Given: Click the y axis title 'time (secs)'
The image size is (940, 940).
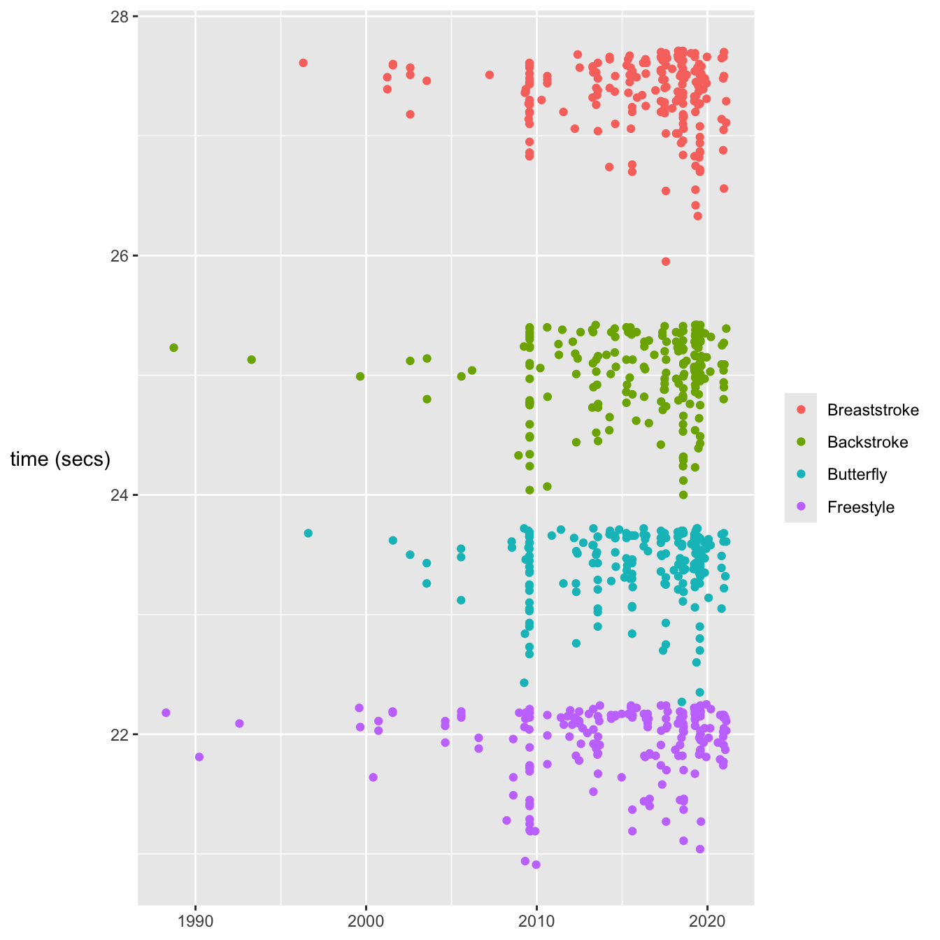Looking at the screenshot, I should tap(60, 460).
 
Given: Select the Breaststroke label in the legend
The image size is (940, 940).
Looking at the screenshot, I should tap(873, 411).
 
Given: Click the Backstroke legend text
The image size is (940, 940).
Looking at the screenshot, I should tap(867, 443).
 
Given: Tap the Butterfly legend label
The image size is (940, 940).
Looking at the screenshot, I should tap(857, 475).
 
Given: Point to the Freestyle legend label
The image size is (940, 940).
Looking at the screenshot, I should tap(860, 507).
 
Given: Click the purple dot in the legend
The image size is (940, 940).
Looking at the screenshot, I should tap(801, 507).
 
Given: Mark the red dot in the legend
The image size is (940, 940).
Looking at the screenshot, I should tap(801, 411).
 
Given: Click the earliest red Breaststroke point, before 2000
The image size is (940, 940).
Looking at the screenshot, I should tap(303, 63).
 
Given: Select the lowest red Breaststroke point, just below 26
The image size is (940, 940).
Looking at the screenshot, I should tap(666, 262).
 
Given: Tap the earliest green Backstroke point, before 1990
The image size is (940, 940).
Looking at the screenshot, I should tap(173, 348).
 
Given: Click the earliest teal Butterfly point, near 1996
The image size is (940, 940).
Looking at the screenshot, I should tap(308, 534).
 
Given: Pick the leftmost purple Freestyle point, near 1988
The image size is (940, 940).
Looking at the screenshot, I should tap(166, 713).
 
